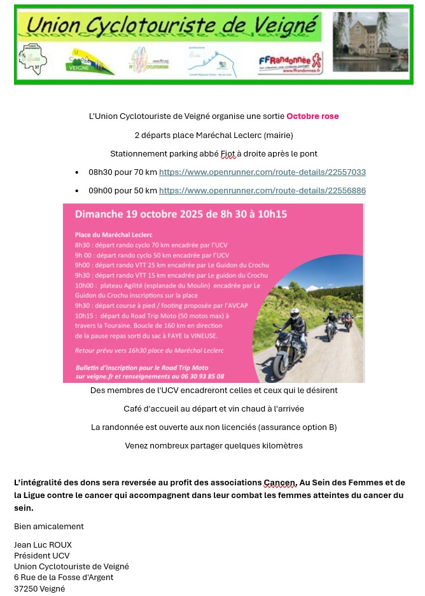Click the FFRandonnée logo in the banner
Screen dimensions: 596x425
(x=290, y=63)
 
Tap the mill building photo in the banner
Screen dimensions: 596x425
(x=371, y=43)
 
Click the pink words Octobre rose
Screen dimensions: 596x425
(x=312, y=116)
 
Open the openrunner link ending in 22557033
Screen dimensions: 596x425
(x=262, y=172)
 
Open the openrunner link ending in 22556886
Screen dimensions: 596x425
(x=262, y=191)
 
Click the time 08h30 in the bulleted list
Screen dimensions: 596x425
(x=101, y=172)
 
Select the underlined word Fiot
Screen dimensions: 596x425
(x=228, y=154)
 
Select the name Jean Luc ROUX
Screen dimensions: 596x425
(x=43, y=545)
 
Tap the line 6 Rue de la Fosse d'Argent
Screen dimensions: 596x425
(x=64, y=578)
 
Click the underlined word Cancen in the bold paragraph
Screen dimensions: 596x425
(x=279, y=483)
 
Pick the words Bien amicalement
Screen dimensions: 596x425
(x=49, y=527)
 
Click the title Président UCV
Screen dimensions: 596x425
(x=42, y=556)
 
